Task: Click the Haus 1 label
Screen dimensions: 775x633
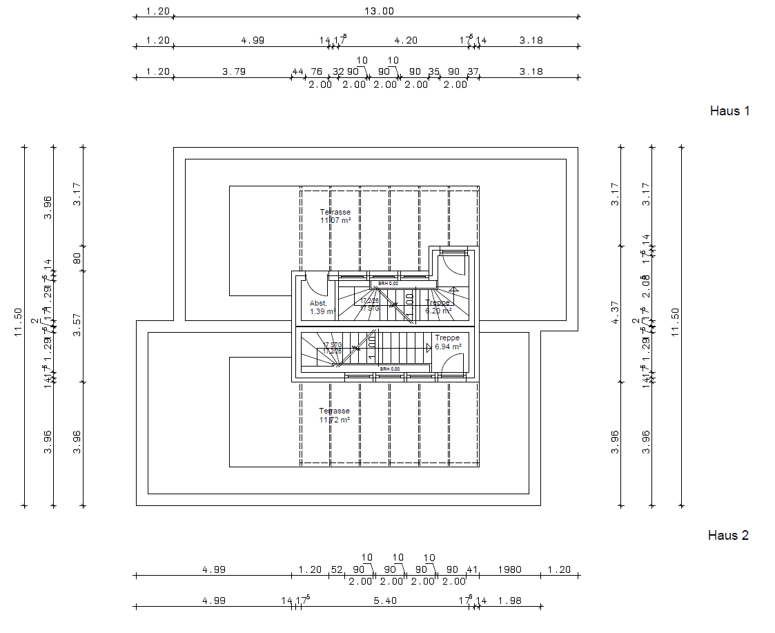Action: click(729, 110)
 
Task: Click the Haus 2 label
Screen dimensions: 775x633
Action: click(728, 535)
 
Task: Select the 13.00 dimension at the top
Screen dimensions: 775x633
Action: click(384, 10)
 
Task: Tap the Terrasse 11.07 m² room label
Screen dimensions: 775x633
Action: click(335, 216)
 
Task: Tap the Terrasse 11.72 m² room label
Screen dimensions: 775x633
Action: click(334, 415)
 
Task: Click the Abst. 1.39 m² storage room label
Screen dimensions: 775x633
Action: click(322, 307)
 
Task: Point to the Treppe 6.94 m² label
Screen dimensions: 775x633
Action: click(447, 342)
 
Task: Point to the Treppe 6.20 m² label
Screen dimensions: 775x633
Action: click(438, 306)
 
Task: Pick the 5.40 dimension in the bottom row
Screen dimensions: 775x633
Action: click(384, 601)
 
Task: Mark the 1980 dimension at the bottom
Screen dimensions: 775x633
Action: click(509, 570)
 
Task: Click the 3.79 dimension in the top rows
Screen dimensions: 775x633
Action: click(234, 71)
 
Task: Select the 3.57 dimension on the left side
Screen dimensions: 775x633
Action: click(78, 325)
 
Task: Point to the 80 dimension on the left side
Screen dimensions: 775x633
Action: click(78, 258)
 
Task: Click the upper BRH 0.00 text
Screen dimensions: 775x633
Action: click(388, 284)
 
